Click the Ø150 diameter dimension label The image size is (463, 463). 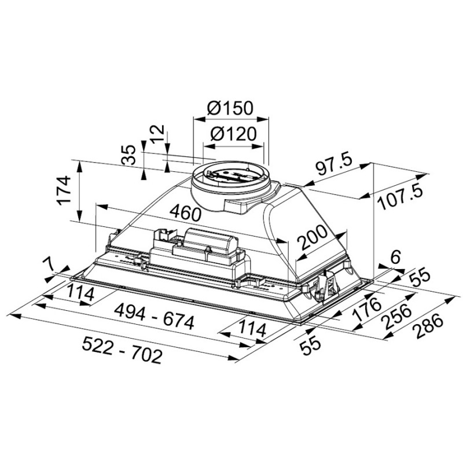(230, 108)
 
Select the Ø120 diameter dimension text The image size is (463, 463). (233, 134)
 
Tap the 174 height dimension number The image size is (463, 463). (64, 190)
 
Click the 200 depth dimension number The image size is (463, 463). (313, 237)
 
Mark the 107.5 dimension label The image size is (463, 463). (400, 197)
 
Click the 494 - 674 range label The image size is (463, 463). (154, 317)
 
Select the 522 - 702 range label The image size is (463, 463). (122, 351)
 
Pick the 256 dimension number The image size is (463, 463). (396, 317)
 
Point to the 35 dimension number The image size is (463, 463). (128, 155)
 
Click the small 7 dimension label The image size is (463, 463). (48, 263)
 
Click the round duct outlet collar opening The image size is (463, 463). (230, 174)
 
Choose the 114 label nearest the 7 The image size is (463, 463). (80, 293)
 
